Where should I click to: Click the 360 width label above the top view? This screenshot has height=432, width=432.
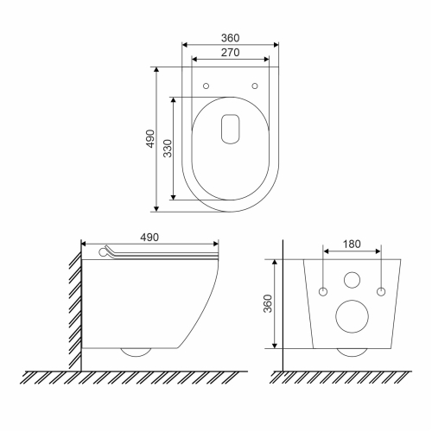point(230,38)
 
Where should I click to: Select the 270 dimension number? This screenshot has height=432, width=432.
point(230,53)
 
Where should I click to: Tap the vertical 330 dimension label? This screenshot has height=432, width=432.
point(168,149)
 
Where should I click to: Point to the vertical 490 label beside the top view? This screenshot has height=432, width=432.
point(150,139)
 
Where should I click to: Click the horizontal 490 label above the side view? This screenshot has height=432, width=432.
point(149,238)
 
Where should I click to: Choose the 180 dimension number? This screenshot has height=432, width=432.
point(352,245)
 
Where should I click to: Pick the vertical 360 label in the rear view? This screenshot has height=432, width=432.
point(268,303)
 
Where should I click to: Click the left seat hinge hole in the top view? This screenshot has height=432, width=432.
point(206,86)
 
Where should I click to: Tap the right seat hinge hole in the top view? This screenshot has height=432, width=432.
point(255,86)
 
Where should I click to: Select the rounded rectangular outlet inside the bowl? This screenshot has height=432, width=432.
point(231,129)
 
